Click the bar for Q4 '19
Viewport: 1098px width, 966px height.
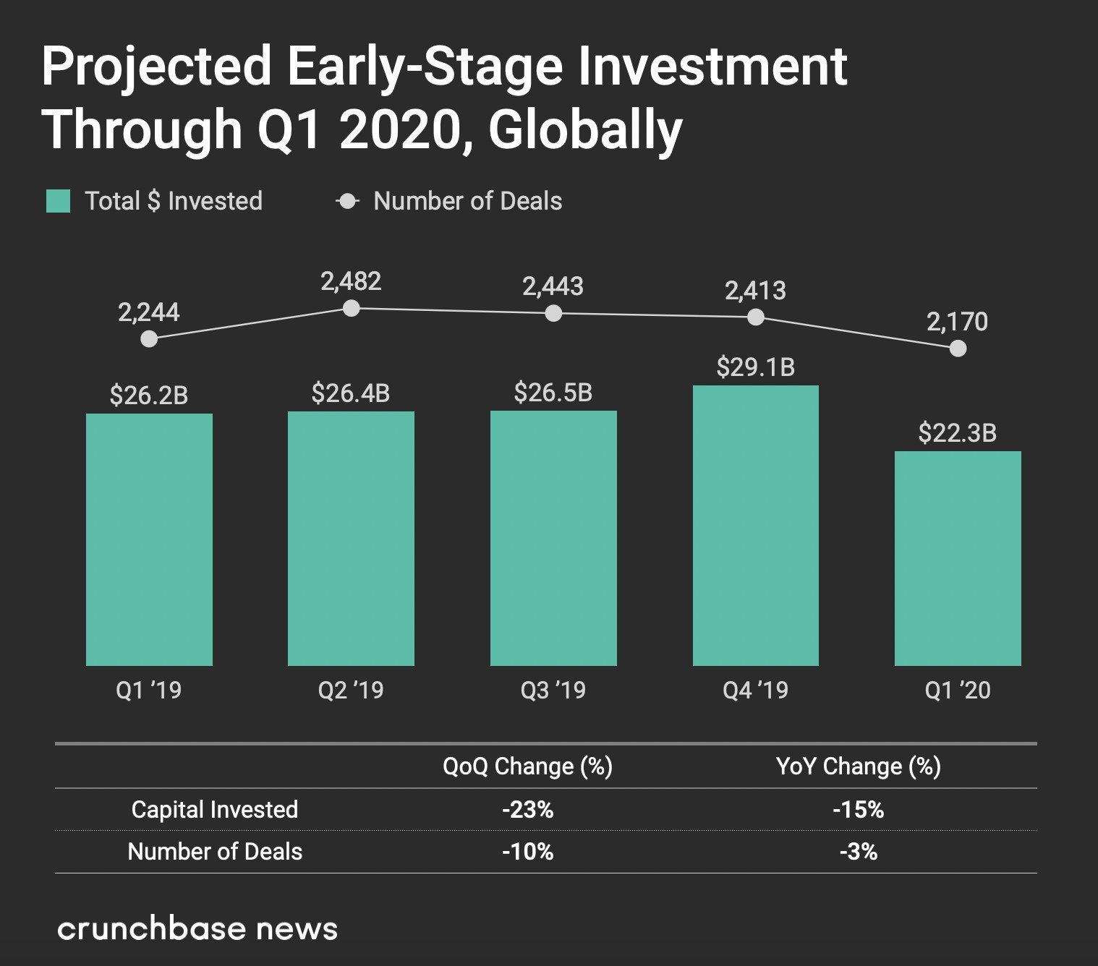755,526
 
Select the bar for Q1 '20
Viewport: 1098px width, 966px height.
958,558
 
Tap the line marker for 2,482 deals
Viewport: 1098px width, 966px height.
351,309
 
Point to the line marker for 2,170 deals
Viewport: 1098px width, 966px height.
958,349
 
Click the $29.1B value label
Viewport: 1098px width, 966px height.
755,367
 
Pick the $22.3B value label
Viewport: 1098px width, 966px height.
958,433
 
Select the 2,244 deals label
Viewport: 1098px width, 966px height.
149,312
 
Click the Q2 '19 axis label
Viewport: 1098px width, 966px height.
351,691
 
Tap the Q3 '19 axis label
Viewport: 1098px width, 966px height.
553,691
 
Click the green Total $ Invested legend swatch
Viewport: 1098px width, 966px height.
58,201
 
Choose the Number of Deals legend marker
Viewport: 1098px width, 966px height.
348,201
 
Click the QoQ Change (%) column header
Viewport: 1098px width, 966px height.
527,766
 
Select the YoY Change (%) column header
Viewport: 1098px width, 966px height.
859,766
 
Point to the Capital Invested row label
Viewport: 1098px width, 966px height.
215,809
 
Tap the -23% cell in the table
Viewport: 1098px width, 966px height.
527,809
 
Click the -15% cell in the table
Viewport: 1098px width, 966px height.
859,809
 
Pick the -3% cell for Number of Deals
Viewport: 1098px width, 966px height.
859,852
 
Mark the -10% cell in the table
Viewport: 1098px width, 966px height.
527,852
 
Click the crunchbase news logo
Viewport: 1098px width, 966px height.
197,929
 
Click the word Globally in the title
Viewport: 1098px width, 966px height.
584,130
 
